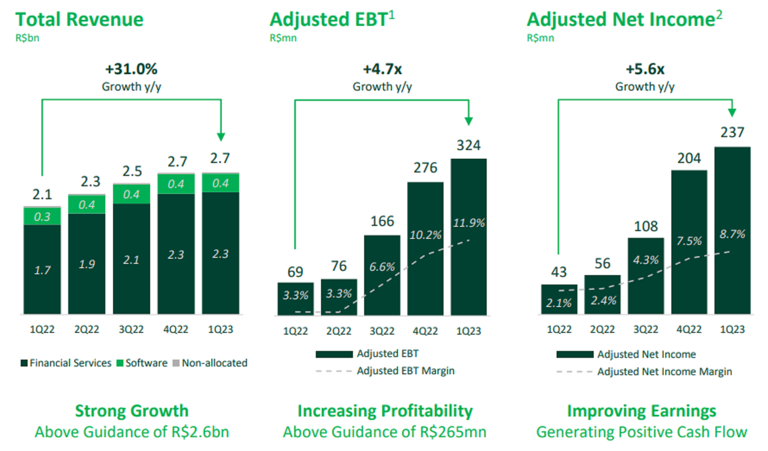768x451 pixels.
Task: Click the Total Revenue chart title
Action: pyautogui.click(x=79, y=20)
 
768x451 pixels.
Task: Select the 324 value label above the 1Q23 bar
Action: pyautogui.click(x=469, y=145)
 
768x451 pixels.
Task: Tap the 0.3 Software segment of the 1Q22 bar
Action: pyautogui.click(x=42, y=216)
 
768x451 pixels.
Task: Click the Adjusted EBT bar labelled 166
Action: pyautogui.click(x=382, y=276)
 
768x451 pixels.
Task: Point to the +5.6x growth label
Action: pyautogui.click(x=645, y=69)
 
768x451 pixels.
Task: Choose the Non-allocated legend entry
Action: pyautogui.click(x=210, y=363)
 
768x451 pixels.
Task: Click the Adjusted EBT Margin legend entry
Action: pyautogui.click(x=405, y=371)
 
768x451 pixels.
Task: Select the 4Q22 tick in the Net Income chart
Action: pyautogui.click(x=689, y=329)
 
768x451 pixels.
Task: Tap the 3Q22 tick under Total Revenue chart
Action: pyautogui.click(x=131, y=329)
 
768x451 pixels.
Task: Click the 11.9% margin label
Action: pyautogui.click(x=469, y=223)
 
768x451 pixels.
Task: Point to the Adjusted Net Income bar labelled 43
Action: pyautogui.click(x=559, y=299)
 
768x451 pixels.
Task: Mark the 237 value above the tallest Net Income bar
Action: pyautogui.click(x=732, y=132)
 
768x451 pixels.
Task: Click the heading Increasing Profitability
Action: pyautogui.click(x=385, y=411)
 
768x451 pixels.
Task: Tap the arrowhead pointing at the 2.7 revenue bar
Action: pyautogui.click(x=221, y=137)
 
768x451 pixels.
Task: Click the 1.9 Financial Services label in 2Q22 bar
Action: pyautogui.click(x=87, y=264)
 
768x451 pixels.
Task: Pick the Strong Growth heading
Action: pyautogui.click(x=132, y=411)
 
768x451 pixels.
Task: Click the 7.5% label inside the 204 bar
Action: pyautogui.click(x=689, y=241)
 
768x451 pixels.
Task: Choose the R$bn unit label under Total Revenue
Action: pyautogui.click(x=27, y=38)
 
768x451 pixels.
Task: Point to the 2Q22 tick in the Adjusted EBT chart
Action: pyautogui.click(x=339, y=331)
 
